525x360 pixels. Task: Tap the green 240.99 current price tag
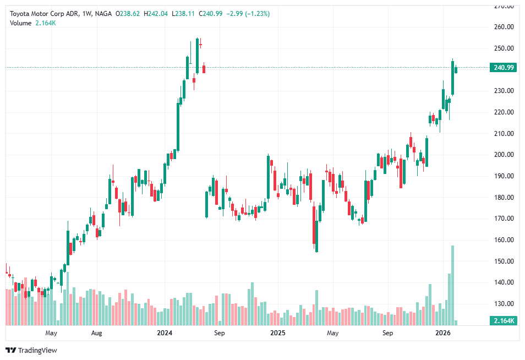pyautogui.click(x=504, y=68)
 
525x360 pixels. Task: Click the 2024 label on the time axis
pyautogui.click(x=165, y=333)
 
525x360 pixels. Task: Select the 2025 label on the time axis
pyautogui.click(x=277, y=333)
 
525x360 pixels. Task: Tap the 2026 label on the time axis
pyautogui.click(x=443, y=333)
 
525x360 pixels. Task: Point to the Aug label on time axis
pyautogui.click(x=97, y=333)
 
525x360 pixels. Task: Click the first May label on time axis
pyautogui.click(x=51, y=333)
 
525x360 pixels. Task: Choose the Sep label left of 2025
pyautogui.click(x=219, y=333)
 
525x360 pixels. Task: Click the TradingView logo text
pyautogui.click(x=37, y=350)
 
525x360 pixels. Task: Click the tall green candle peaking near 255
pyautogui.click(x=196, y=55)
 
